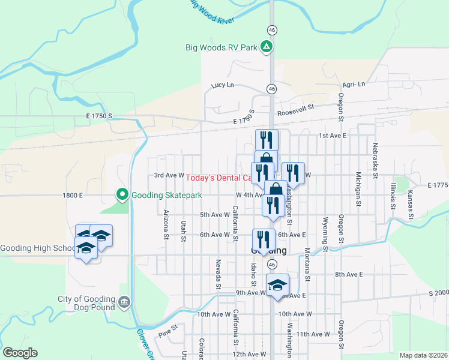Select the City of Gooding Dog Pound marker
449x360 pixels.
124,301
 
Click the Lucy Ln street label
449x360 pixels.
222,85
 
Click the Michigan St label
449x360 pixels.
358,189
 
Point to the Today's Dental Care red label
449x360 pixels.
218,178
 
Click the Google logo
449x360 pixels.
19,353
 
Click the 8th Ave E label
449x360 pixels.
349,274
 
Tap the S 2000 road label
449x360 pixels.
438,292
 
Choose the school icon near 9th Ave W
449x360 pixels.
277,285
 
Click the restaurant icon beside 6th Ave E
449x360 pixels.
264,240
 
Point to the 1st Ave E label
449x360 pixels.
333,136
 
